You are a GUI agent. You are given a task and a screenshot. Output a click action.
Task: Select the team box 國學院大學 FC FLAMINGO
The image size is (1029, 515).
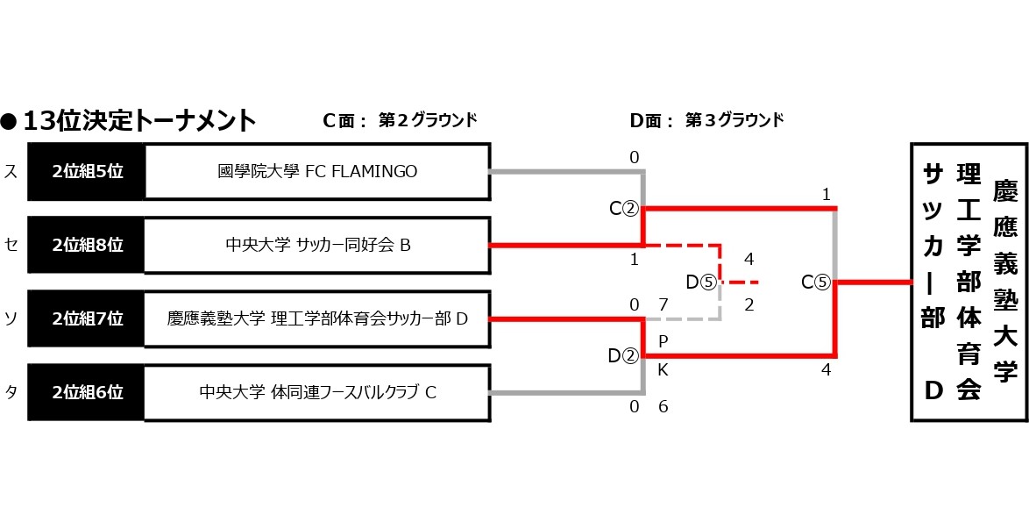click(x=316, y=172)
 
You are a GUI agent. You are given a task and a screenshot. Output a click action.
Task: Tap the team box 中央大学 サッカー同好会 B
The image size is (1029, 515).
click(x=316, y=246)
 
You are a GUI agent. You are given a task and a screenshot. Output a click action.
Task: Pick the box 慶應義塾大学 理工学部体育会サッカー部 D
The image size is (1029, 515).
click(x=316, y=319)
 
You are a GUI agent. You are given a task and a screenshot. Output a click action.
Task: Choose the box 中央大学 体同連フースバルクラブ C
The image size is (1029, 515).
click(x=316, y=392)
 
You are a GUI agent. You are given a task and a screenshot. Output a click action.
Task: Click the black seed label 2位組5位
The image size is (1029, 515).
click(x=87, y=172)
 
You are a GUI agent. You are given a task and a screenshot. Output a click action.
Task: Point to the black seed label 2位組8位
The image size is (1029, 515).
click(x=87, y=246)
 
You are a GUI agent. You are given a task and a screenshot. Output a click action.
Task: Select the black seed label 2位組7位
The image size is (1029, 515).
click(x=87, y=319)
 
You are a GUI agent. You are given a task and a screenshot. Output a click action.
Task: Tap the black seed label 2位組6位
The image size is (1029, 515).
click(x=87, y=392)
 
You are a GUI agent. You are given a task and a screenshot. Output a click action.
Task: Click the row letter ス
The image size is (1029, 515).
click(x=11, y=172)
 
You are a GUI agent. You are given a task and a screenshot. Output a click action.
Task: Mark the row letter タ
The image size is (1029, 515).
click(x=11, y=392)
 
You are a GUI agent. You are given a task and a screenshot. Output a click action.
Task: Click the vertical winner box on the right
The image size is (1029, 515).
click(x=968, y=283)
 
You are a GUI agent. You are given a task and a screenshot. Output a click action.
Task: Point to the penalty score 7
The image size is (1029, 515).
click(x=664, y=304)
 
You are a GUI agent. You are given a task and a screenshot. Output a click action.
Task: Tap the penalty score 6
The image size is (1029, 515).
click(x=664, y=407)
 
